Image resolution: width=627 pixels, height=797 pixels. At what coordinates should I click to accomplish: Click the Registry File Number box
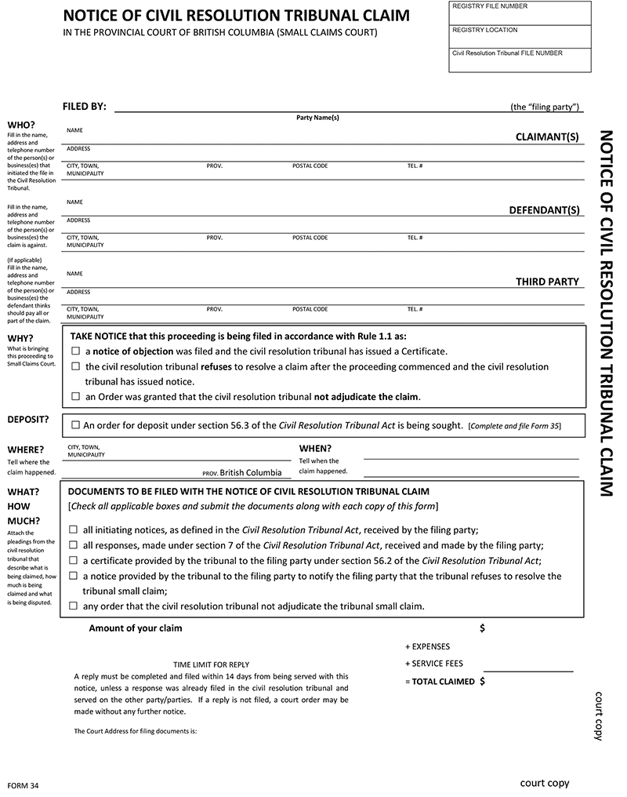[520, 13]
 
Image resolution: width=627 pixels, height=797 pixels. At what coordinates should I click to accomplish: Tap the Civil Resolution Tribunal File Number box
[520, 60]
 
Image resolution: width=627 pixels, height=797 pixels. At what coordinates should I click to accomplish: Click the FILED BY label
[84, 107]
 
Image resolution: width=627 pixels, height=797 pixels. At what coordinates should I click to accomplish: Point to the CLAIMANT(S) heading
[547, 136]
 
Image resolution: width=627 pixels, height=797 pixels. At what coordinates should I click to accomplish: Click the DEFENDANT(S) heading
[545, 210]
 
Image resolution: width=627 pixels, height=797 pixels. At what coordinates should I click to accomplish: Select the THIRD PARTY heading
[547, 282]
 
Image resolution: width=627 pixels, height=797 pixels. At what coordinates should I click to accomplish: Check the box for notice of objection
[76, 351]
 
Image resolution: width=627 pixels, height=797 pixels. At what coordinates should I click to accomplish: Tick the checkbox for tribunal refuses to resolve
[76, 366]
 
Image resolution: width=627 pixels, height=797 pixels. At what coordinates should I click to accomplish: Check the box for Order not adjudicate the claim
[76, 397]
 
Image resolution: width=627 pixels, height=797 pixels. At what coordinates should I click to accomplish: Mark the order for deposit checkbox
[75, 425]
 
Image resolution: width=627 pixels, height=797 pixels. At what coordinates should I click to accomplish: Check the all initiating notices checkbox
[74, 530]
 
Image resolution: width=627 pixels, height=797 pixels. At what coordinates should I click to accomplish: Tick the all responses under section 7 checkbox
[74, 545]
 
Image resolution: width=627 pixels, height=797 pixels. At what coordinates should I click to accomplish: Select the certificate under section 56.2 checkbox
[74, 561]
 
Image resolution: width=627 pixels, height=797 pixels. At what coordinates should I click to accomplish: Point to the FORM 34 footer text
[23, 786]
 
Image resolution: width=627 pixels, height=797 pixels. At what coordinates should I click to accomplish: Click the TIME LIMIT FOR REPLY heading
[211, 664]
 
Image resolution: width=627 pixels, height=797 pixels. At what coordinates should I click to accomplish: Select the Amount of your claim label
[135, 628]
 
